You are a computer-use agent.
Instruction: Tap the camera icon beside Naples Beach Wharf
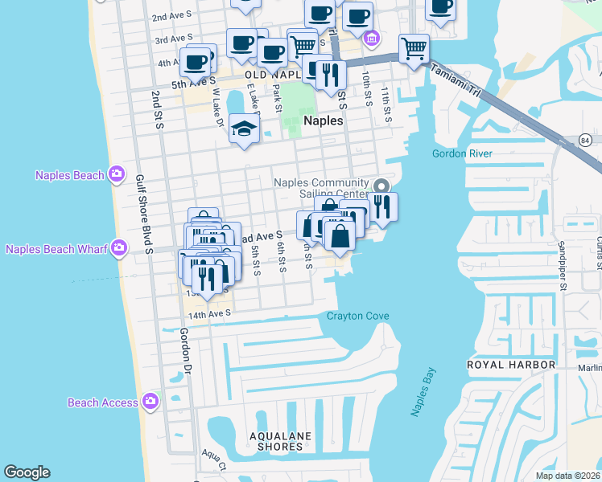click(x=120, y=248)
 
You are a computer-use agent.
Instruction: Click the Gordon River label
click(x=462, y=153)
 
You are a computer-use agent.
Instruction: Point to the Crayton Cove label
click(x=357, y=316)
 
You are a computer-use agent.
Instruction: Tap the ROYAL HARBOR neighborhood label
click(x=512, y=365)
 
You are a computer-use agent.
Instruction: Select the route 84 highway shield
click(x=586, y=140)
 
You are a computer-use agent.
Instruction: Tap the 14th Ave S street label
click(x=208, y=312)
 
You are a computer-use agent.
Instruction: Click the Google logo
click(x=27, y=472)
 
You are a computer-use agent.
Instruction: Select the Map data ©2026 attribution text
click(x=567, y=476)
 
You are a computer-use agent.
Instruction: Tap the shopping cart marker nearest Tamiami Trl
click(x=413, y=47)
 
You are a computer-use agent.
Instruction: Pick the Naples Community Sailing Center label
click(x=321, y=188)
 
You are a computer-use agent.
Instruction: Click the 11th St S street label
click(x=386, y=104)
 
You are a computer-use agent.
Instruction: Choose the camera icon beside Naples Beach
click(x=117, y=174)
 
